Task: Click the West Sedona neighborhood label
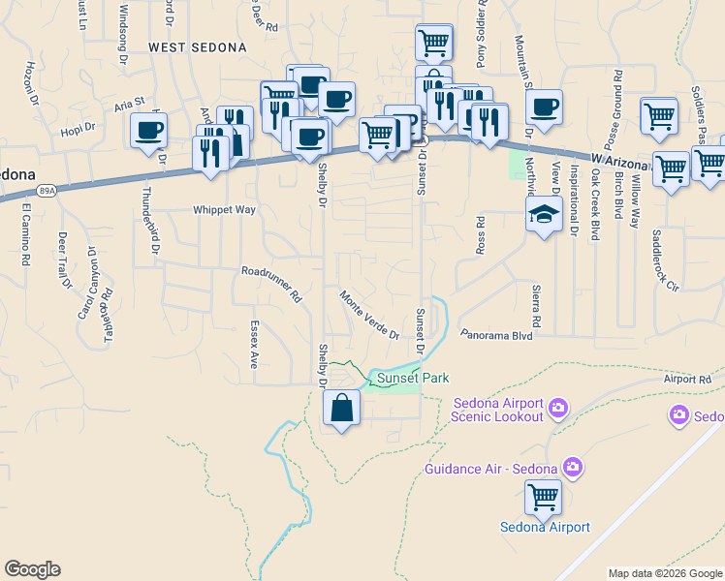198,46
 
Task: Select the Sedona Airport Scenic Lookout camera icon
557,408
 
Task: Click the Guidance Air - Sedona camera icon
573,469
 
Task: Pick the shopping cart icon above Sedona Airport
543,498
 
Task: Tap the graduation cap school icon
544,215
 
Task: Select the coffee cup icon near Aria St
148,131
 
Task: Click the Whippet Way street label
224,209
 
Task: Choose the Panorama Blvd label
497,335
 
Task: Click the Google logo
32,569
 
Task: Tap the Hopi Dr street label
78,127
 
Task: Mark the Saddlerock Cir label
666,260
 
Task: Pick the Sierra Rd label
534,305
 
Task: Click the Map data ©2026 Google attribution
665,573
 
